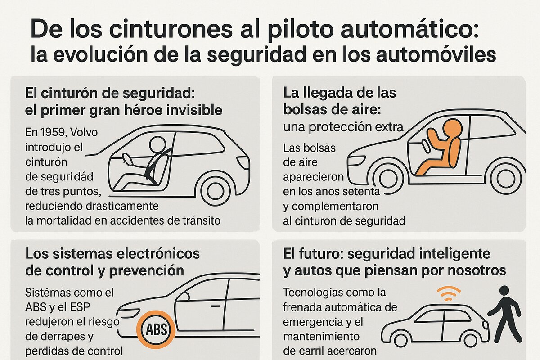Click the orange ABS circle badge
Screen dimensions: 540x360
pyautogui.click(x=156, y=329)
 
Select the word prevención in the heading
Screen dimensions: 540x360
pyautogui.click(x=147, y=271)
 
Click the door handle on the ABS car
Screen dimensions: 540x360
pyautogui.click(x=215, y=306)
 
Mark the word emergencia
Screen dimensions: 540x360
pyautogui.click(x=312, y=322)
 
